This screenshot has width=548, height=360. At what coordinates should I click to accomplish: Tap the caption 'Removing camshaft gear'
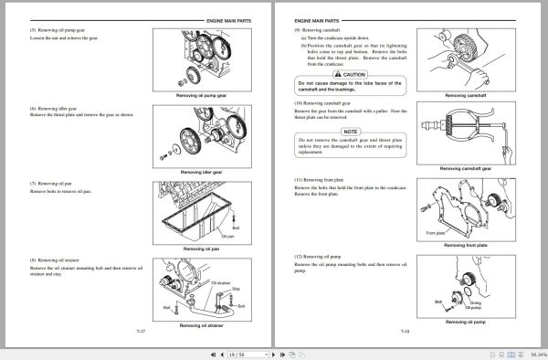tap(466, 169)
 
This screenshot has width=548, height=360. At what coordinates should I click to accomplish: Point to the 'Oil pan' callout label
tap(228, 236)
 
